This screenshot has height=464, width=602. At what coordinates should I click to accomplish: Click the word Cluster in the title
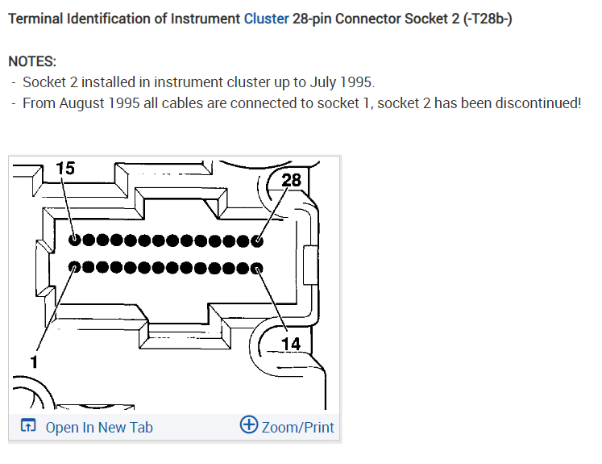[266, 19]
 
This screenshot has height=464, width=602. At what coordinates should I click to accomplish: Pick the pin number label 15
[65, 168]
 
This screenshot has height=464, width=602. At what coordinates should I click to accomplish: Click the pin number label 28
[291, 179]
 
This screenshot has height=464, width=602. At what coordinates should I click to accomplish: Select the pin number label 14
[290, 345]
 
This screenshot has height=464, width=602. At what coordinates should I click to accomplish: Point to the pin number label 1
[34, 362]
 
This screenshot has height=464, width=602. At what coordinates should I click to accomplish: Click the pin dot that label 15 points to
[75, 240]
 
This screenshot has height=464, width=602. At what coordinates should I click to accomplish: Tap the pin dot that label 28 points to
[258, 240]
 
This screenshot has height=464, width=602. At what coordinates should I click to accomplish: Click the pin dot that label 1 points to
[75, 267]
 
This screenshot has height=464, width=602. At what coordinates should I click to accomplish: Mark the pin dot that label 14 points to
[257, 268]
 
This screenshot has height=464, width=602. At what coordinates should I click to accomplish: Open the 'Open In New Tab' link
[98, 428]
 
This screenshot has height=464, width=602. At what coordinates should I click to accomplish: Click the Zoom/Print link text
[297, 428]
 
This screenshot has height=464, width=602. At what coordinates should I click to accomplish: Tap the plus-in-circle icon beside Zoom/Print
[249, 426]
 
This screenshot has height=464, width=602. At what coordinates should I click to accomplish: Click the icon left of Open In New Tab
[27, 427]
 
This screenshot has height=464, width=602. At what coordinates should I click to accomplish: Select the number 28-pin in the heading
[316, 19]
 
